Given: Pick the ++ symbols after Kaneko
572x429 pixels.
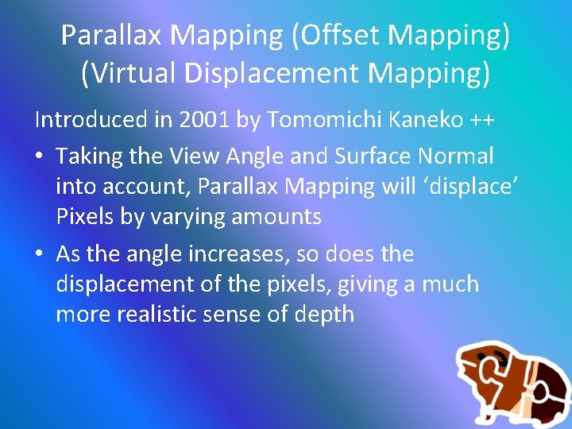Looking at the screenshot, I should point(479,121).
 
